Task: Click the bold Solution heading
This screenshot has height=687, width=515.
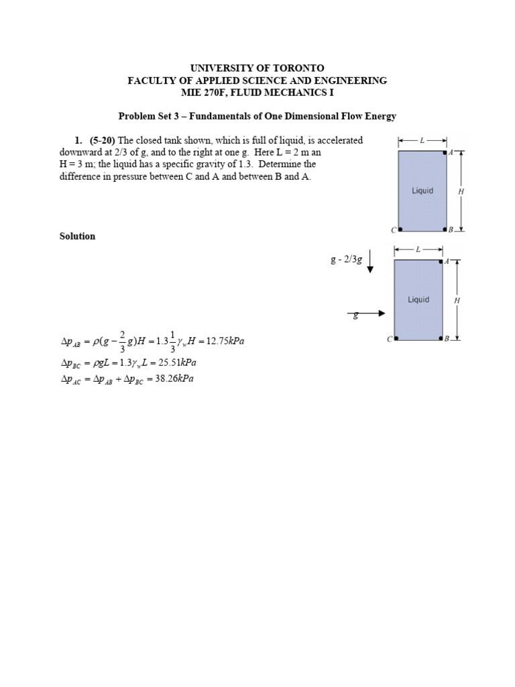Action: tap(78, 236)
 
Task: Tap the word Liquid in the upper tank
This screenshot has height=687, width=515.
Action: tap(422, 191)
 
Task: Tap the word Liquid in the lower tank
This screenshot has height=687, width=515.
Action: tap(418, 300)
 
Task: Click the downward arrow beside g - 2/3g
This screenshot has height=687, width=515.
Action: tap(370, 261)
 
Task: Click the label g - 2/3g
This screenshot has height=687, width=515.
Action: tap(346, 260)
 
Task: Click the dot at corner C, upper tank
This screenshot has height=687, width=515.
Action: tap(400, 229)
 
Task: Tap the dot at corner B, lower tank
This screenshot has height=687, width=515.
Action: tap(441, 338)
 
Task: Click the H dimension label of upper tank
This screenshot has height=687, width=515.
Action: tap(461, 191)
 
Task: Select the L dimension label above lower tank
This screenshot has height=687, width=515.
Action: tap(418, 250)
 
